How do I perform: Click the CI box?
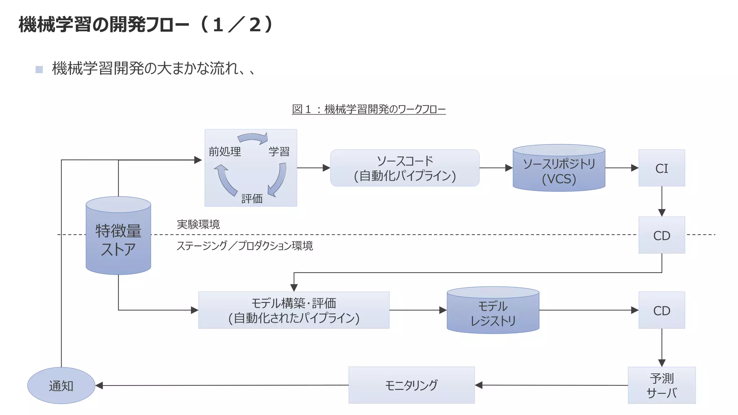click(662, 168)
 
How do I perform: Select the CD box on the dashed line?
click(662, 235)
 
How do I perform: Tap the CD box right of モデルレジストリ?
click(662, 310)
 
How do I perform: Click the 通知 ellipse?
click(61, 385)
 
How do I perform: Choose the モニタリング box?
click(411, 385)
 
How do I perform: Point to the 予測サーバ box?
click(662, 385)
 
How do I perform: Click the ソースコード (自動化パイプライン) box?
click(405, 168)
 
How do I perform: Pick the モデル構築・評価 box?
click(294, 310)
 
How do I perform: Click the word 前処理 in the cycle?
click(225, 152)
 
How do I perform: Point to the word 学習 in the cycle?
click(279, 152)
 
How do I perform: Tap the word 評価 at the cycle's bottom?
click(252, 198)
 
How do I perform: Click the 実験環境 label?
click(198, 224)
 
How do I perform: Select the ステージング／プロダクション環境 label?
click(245, 246)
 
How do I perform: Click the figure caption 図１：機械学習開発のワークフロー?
click(369, 109)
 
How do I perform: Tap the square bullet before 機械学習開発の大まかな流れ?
click(39, 69)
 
